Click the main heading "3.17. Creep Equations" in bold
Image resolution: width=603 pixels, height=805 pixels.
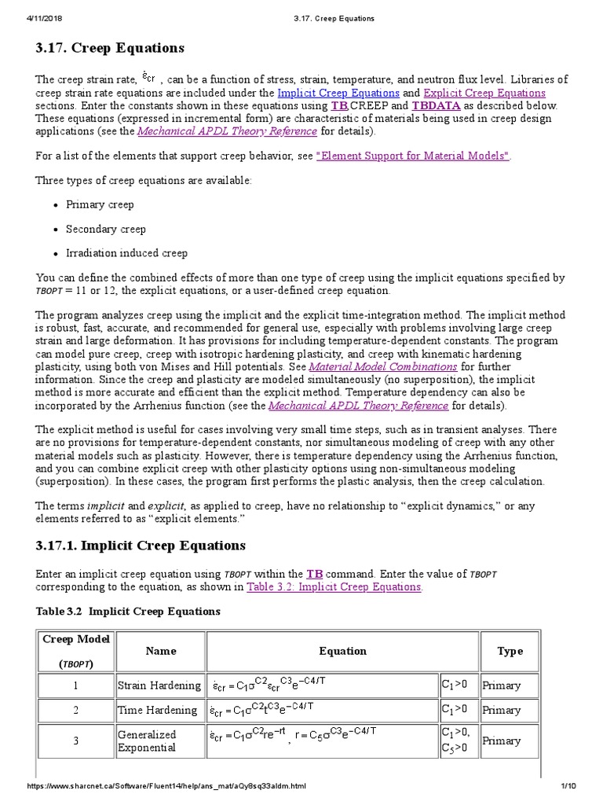110,49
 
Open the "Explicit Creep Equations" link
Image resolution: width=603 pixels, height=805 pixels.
484,93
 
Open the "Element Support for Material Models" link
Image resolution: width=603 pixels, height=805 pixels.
413,156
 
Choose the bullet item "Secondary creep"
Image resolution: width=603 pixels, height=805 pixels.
105,229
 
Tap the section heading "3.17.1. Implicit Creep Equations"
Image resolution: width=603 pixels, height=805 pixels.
141,546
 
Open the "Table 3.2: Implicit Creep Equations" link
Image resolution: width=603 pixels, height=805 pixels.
334,586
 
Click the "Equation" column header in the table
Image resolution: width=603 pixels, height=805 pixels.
342,651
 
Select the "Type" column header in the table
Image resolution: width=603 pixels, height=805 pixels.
510,651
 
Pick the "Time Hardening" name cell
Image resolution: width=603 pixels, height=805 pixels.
157,710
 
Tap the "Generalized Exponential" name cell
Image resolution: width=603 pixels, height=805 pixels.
147,741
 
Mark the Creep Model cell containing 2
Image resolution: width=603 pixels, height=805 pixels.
77,710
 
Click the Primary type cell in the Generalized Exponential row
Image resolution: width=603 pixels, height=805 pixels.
502,741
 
